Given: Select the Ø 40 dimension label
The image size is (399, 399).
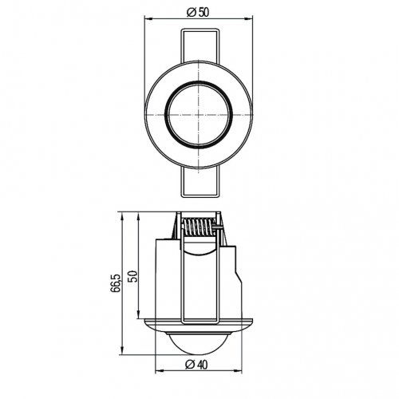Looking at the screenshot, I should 199,364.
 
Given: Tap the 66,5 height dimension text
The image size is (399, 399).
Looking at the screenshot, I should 117,283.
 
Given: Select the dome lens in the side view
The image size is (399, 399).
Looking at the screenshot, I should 199,343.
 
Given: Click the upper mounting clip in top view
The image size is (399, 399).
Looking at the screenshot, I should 199,44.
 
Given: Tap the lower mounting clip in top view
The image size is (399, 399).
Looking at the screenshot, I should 199,180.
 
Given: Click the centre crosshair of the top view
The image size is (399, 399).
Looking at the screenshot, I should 199,113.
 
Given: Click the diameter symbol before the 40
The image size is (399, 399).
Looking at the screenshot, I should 190,364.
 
